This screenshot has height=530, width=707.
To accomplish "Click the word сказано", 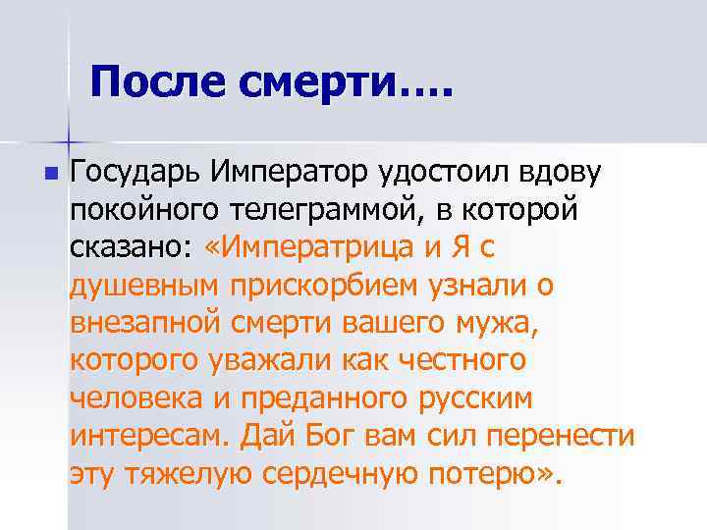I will pos(133,247).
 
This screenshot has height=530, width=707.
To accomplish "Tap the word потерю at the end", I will pos(483,475).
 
